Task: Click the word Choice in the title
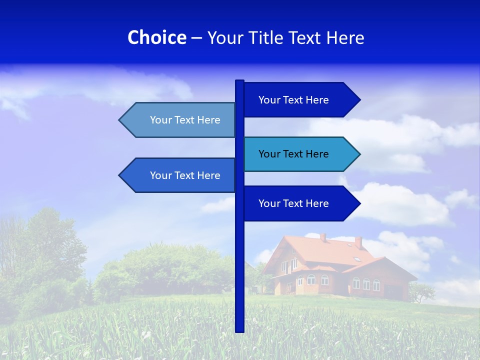pos(156,37)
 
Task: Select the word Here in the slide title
pos(345,37)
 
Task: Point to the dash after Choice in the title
pos(196,38)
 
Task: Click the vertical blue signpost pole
pos(239,270)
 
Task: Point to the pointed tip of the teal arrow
pos(358,154)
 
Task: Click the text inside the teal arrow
pos(293,154)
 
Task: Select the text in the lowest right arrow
pos(293,203)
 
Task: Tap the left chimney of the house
pos(323,237)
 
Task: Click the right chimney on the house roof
pos(358,242)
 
